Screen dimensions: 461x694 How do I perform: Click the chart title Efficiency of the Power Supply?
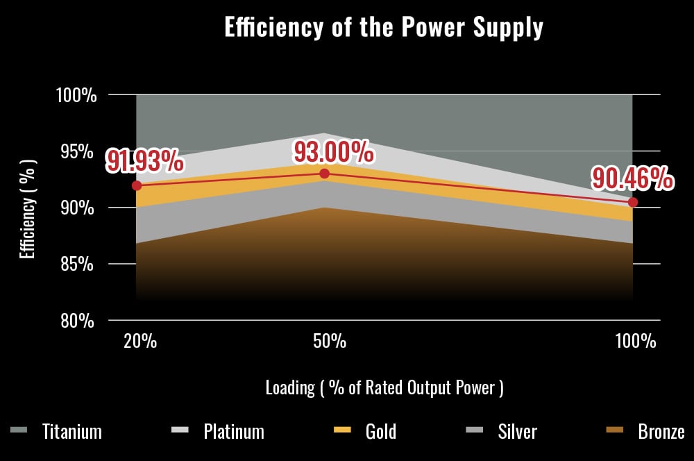click(x=384, y=27)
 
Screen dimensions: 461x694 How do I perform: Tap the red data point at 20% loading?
click(x=137, y=185)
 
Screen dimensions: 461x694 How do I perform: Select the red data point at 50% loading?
click(x=324, y=174)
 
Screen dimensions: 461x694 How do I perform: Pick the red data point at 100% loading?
click(x=633, y=202)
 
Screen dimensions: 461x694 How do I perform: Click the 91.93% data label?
click(x=144, y=161)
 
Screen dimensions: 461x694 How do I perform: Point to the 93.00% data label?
click(x=333, y=151)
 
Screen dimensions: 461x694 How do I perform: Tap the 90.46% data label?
click(x=632, y=179)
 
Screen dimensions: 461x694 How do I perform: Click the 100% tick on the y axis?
click(x=76, y=95)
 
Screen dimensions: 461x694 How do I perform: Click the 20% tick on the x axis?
click(x=140, y=342)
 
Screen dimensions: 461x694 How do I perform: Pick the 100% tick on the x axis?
click(x=635, y=342)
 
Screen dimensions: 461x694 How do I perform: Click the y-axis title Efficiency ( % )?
click(x=27, y=208)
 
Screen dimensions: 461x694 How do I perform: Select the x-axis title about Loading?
click(x=384, y=387)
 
